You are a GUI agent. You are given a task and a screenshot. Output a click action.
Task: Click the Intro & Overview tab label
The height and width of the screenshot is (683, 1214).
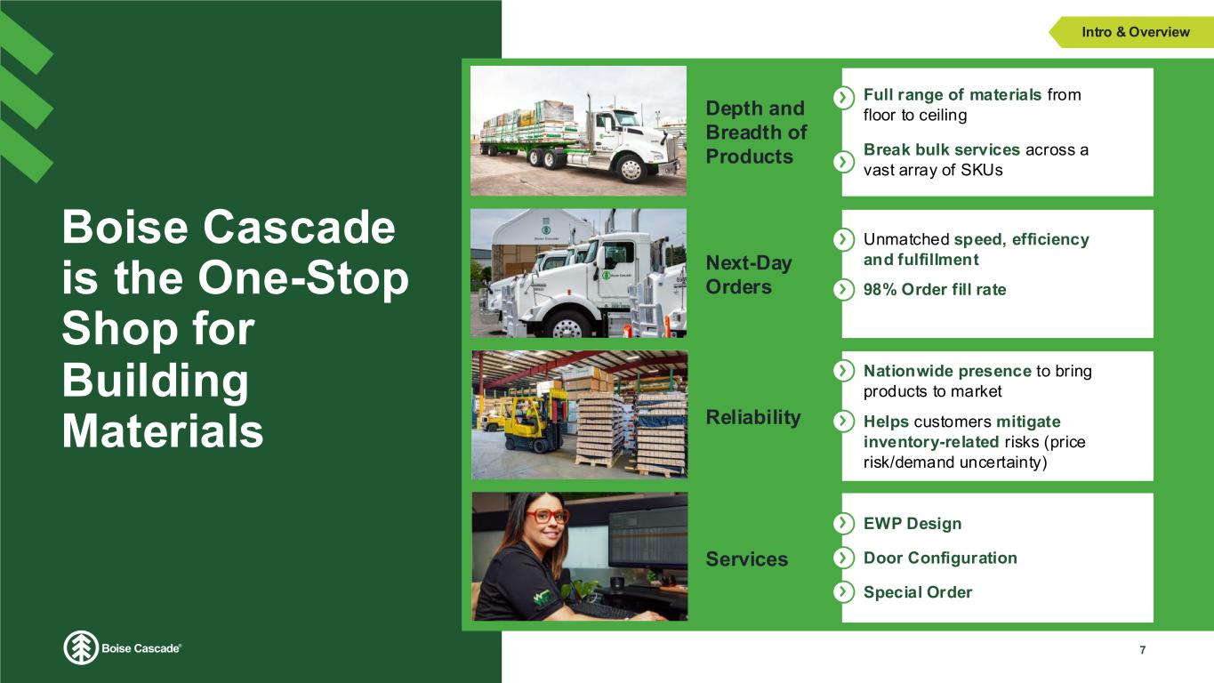coord(1136,32)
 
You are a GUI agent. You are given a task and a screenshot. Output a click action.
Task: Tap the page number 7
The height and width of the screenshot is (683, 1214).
coord(1143,650)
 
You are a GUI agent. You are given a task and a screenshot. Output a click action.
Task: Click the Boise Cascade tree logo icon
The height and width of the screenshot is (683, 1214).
coord(81,647)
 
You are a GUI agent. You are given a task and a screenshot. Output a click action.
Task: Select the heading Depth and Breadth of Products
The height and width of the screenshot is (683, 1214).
coord(756,133)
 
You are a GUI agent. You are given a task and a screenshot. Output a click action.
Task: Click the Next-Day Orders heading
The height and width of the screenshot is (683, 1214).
coord(749,275)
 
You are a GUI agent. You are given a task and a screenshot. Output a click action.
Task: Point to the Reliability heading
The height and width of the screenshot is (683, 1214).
coord(752,417)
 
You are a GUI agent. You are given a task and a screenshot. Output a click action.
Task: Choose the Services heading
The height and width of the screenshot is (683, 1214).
coord(746,558)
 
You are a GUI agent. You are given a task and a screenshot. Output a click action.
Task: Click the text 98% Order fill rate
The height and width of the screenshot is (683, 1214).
coord(935,289)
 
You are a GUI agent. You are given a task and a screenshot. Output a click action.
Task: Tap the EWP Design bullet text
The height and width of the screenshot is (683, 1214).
coord(913,524)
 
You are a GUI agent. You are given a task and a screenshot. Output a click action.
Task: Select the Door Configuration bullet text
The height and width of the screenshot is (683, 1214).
coord(940,558)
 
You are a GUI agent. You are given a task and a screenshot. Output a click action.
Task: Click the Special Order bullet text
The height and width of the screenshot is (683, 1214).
coord(918,592)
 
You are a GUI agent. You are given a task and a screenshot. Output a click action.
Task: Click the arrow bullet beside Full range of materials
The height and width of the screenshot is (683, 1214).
coord(843,98)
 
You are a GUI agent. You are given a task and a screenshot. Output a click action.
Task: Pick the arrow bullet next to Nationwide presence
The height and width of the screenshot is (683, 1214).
coord(843,371)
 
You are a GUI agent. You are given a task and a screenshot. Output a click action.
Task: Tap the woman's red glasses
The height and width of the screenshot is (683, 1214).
coord(547,516)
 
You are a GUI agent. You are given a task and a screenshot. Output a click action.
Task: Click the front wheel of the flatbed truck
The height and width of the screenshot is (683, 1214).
coord(631,169)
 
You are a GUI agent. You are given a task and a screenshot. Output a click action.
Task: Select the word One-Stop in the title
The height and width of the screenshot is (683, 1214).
coord(303,278)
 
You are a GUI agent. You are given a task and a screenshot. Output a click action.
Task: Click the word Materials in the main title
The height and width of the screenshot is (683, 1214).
coord(163,431)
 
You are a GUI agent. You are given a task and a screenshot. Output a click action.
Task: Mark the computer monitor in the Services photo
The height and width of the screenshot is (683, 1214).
coord(648,538)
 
